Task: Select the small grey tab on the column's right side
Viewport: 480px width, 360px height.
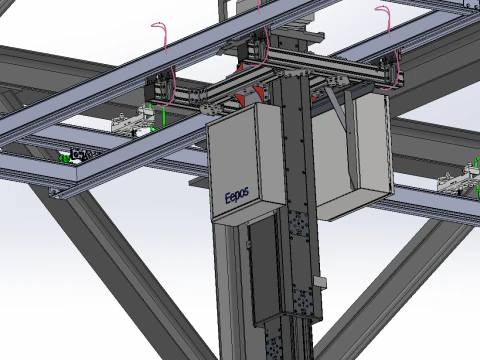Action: click(319, 281)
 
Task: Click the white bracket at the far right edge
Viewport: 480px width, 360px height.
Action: click(456, 180)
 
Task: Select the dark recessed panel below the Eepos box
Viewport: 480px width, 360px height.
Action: click(264, 270)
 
